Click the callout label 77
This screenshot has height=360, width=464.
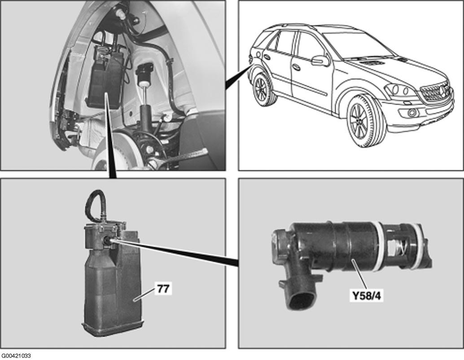[x=163, y=288]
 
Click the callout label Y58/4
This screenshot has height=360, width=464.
[x=366, y=296]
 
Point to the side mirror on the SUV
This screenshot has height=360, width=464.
[x=320, y=60]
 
